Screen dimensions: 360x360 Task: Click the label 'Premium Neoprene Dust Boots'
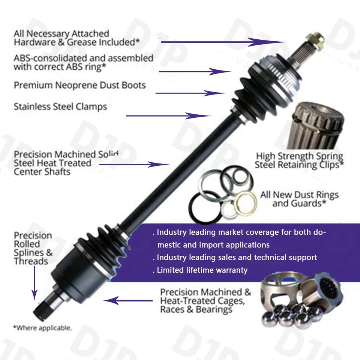point(79,85)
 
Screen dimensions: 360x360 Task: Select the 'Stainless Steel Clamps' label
point(60,106)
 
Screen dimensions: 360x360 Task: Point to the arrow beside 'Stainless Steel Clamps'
point(169,116)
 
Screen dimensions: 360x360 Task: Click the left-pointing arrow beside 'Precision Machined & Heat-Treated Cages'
point(128,300)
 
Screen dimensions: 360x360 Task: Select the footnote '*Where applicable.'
point(42,328)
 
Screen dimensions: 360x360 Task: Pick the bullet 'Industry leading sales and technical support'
point(236,257)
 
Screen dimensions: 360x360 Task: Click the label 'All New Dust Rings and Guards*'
point(299,199)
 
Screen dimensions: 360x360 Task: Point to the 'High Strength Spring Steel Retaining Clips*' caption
point(299,160)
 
